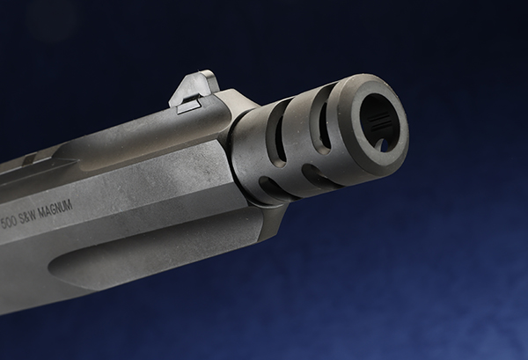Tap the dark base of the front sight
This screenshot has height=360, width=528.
[x=189, y=107]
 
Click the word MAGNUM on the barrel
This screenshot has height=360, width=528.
[x=55, y=209]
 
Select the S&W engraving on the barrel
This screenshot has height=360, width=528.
[x=27, y=217]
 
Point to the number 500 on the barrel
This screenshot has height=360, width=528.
[x=9, y=223]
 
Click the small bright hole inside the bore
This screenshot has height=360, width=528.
[x=383, y=145]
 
